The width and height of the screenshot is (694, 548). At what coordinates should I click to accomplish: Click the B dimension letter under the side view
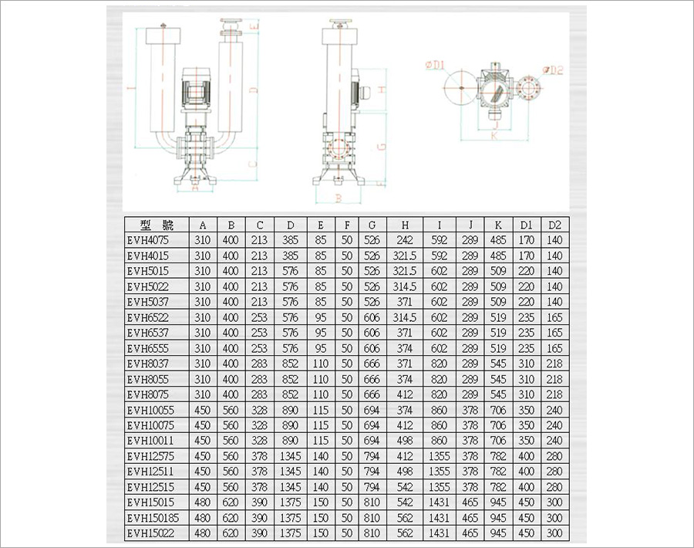point(339,198)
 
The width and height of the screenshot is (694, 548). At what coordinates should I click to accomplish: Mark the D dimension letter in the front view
point(253,90)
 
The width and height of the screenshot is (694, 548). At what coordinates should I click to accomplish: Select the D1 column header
point(527,225)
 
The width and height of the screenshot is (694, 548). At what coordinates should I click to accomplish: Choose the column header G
point(372,225)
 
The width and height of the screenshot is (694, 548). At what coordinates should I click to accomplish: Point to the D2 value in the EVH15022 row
point(554,533)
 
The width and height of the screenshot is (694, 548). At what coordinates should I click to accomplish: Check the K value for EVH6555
point(498,348)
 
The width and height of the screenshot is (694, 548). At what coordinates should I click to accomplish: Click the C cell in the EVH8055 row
point(260,379)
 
